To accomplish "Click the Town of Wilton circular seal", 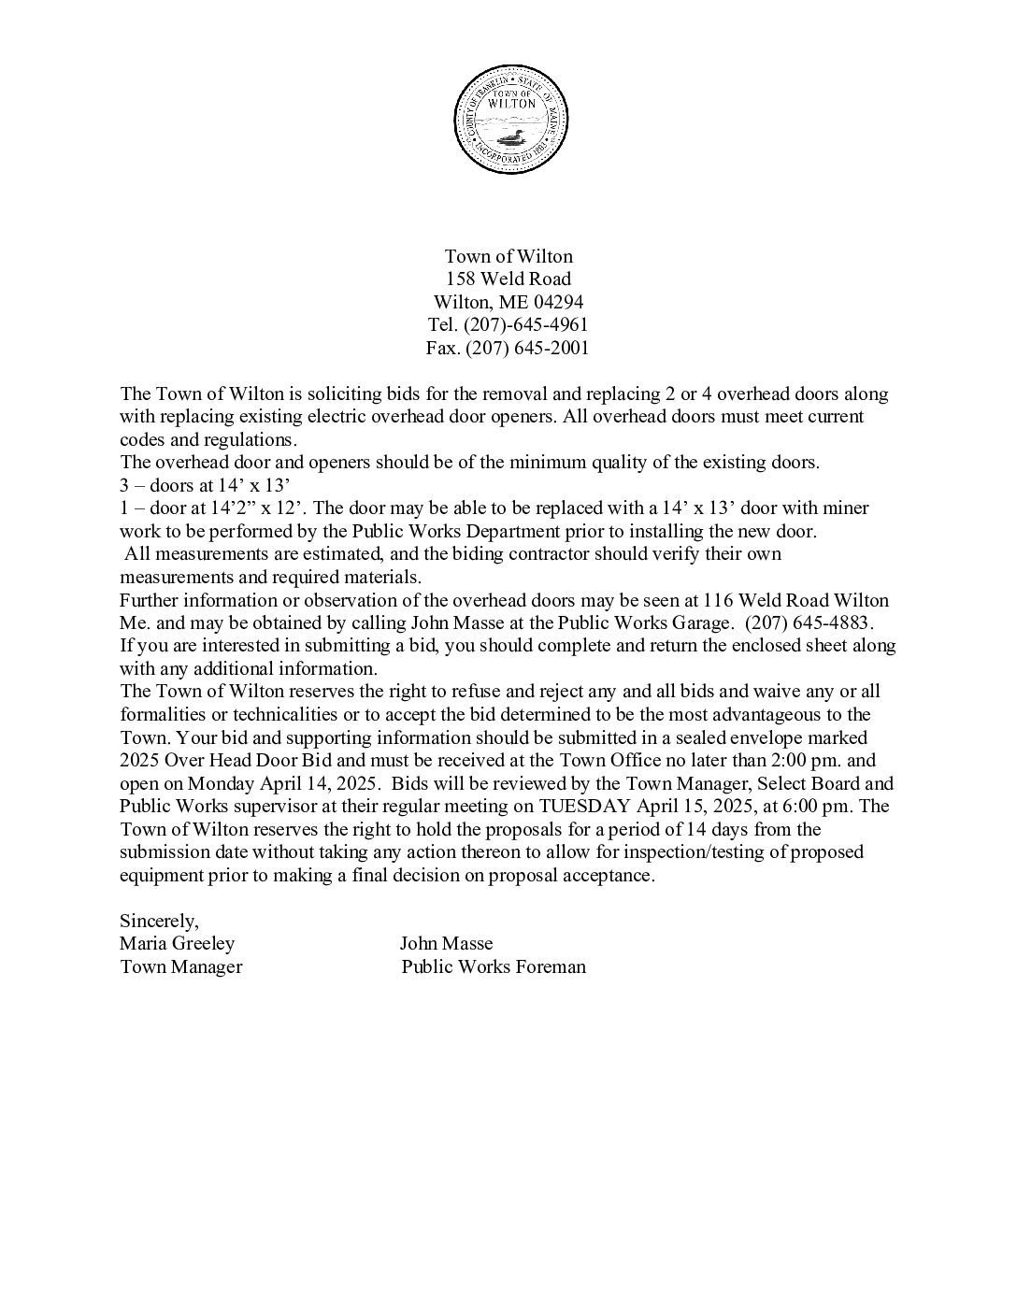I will (509, 119).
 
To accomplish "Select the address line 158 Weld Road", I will (509, 279).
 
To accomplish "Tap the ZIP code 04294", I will (559, 302).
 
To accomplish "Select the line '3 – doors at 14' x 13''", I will (206, 486).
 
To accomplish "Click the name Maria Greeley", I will (178, 944).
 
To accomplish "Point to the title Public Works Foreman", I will (494, 967).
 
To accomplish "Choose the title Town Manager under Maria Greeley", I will (181, 967).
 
